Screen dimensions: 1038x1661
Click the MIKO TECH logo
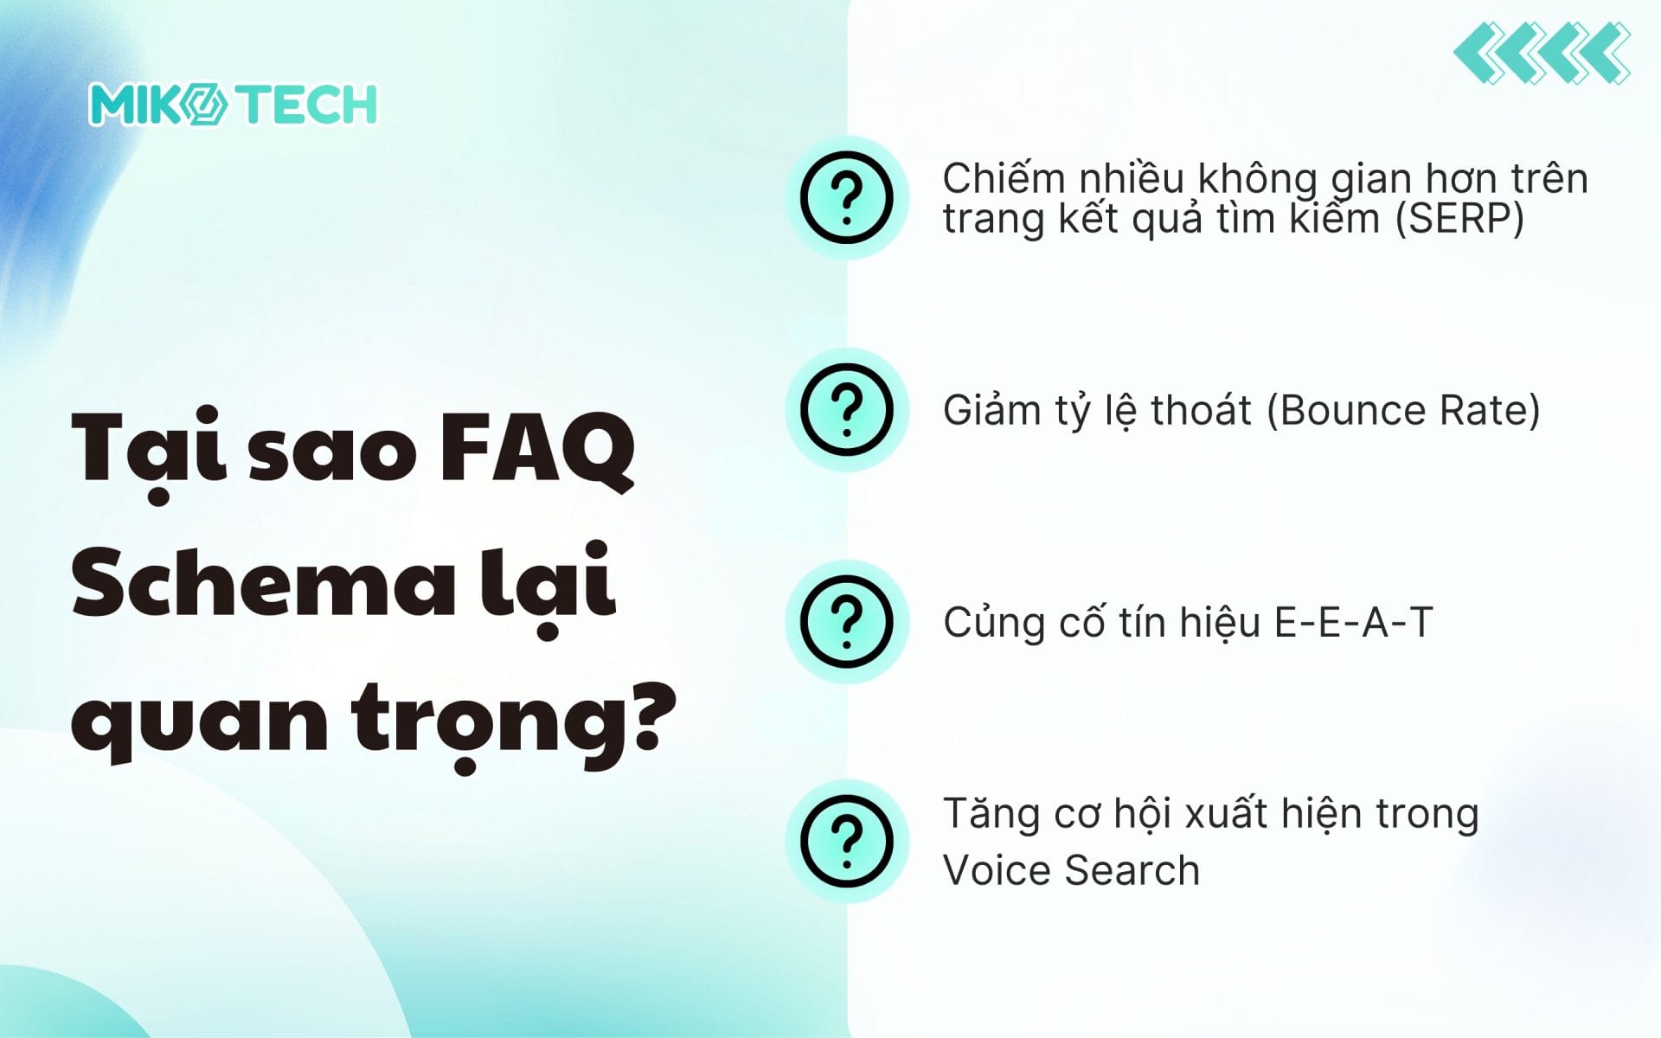pyautogui.click(x=233, y=105)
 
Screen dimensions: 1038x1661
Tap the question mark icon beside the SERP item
pyautogui.click(x=847, y=197)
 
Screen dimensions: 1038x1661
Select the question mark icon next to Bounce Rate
pyautogui.click(x=847, y=409)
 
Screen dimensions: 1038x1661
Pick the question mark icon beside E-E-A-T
pyautogui.click(x=847, y=621)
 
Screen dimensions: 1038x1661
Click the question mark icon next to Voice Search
pyautogui.click(x=847, y=841)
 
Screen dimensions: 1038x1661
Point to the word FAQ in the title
pyautogui.click(x=537, y=450)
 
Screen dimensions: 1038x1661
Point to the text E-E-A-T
pyautogui.click(x=1354, y=622)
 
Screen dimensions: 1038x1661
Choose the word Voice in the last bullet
pyautogui.click(x=997, y=870)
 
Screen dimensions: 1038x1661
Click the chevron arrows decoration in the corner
pyautogui.click(x=1542, y=54)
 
